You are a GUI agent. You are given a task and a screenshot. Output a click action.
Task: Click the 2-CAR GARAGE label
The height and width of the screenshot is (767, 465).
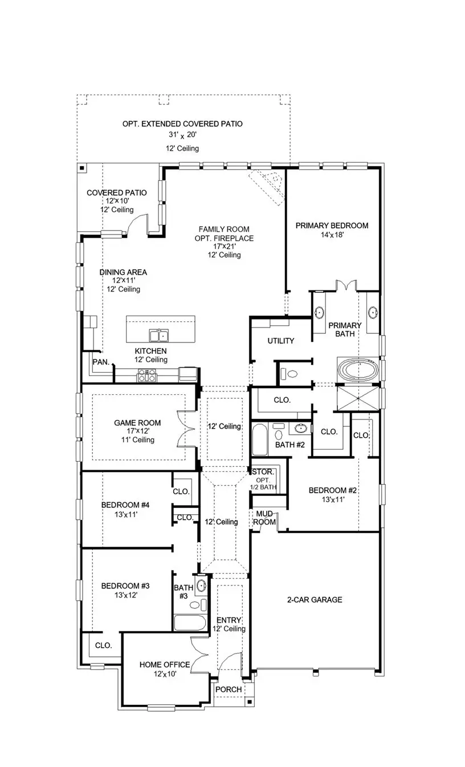315,599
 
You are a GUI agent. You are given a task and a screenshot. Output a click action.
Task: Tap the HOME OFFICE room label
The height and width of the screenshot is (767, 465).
165,664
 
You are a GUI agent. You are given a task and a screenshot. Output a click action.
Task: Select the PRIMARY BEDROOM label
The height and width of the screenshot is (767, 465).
332,225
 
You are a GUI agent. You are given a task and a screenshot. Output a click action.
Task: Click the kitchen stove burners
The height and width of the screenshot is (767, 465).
146,375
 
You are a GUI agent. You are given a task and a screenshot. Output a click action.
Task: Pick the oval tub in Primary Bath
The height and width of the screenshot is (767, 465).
357,369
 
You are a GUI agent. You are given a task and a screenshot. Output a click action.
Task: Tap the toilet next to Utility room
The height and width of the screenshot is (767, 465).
290,374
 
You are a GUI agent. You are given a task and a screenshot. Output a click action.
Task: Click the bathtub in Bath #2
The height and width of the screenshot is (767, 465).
259,439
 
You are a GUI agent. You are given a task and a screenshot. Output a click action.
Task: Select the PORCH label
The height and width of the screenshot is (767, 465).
228,689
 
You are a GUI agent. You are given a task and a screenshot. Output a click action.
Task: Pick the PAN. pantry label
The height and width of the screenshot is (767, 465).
101,361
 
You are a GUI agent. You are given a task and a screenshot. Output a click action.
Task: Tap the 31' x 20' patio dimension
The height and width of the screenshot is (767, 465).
182,136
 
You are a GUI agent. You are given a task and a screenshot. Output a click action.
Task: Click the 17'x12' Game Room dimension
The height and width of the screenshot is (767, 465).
137,431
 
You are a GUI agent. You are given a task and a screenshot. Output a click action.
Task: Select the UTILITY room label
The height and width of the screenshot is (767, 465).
281,341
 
